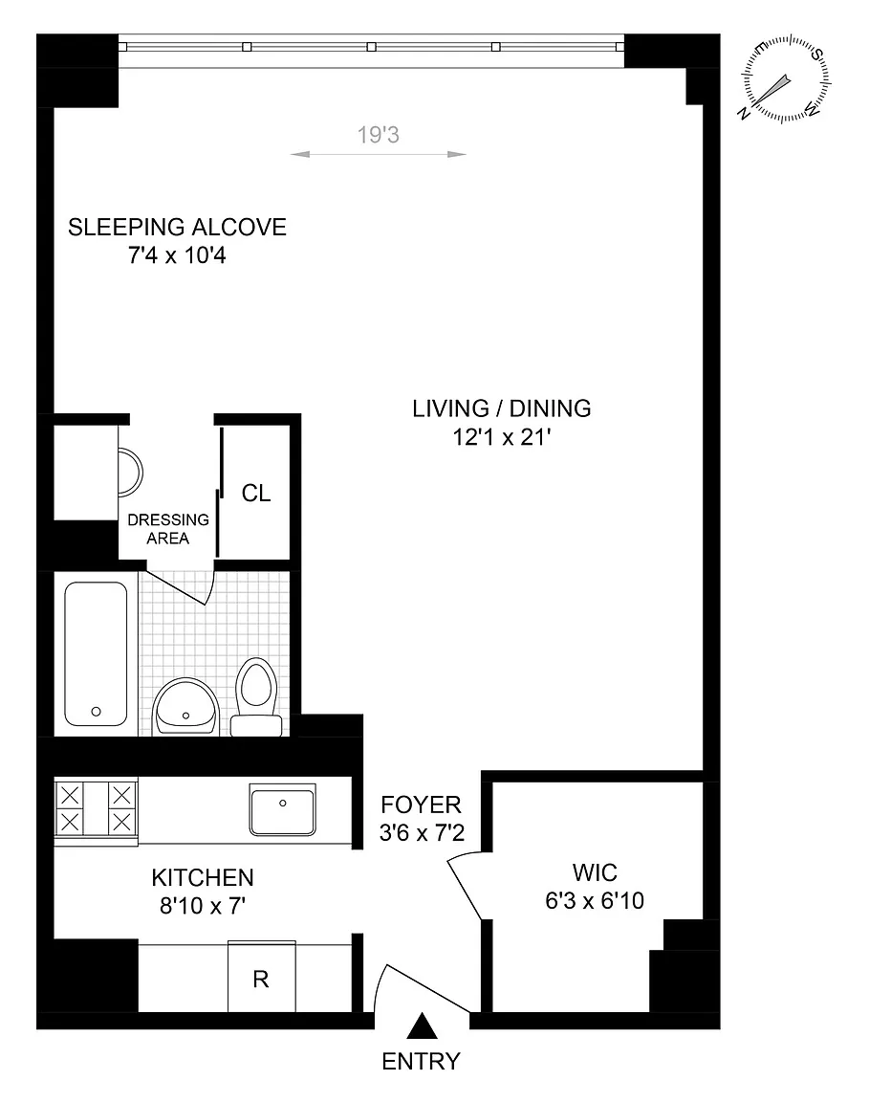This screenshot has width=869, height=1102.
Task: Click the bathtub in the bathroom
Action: coord(97,653)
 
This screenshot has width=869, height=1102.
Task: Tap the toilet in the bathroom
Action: coord(255,697)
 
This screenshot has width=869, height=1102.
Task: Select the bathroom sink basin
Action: coord(185,706)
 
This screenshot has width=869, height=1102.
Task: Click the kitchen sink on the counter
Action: coord(282,809)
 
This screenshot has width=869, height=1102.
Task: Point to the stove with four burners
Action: coord(97,809)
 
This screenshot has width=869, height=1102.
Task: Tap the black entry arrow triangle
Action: coord(423,1025)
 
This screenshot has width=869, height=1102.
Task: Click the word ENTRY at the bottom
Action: coord(421,1061)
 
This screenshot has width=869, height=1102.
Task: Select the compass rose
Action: coord(786,78)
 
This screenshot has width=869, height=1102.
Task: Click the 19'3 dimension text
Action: coord(378,134)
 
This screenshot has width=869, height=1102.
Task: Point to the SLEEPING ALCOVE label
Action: coord(177,227)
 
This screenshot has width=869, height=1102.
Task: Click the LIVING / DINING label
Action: coord(502,408)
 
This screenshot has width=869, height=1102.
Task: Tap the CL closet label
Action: coord(255,494)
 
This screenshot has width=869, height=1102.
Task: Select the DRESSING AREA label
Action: coord(168,528)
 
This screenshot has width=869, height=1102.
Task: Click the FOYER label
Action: coord(421,804)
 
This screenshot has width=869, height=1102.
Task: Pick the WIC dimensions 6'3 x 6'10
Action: coord(595,900)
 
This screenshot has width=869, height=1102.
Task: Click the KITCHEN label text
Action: coord(203,877)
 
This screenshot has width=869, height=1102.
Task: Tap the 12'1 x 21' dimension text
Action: coord(502,437)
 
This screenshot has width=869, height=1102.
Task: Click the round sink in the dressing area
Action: coord(131,472)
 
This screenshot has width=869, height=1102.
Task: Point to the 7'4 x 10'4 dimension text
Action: coord(177,255)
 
